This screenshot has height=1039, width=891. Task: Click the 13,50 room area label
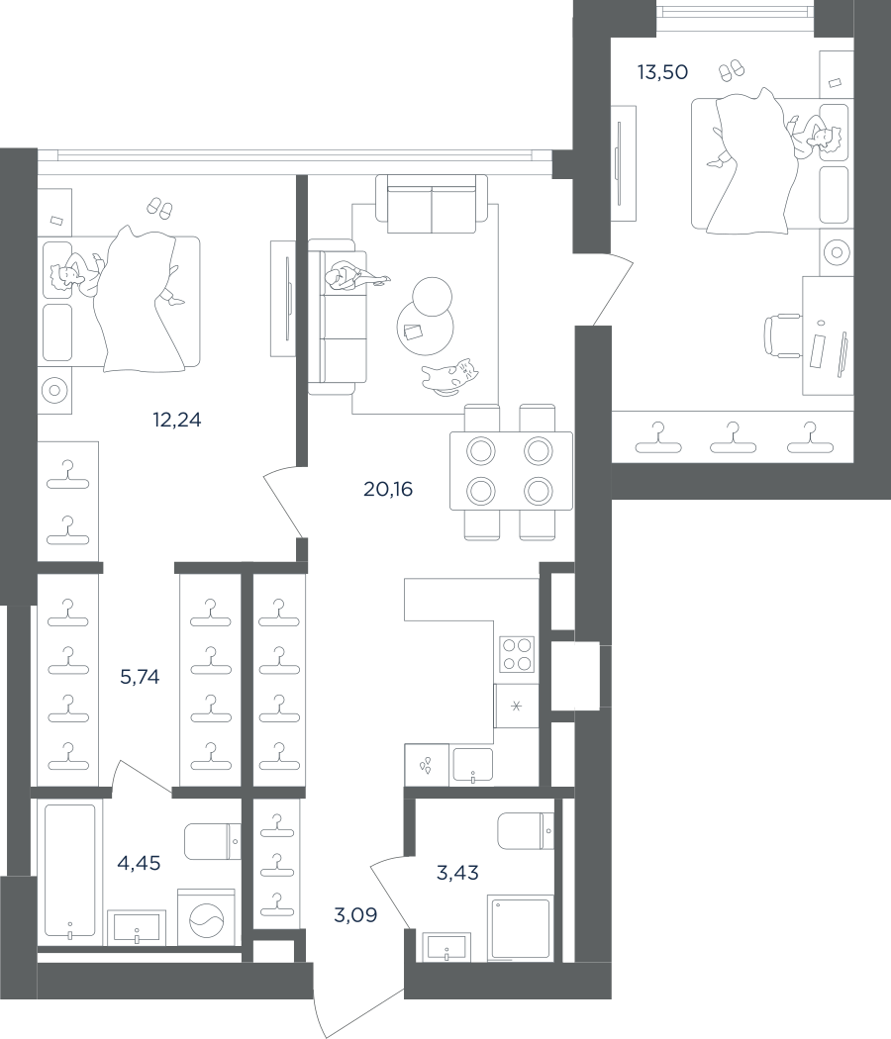[x=662, y=71]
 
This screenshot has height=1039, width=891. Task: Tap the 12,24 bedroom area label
[x=176, y=420]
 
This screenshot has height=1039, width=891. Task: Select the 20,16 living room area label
[x=388, y=489]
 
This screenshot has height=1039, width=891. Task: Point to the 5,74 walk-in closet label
[x=140, y=677]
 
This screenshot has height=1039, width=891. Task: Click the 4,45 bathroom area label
[x=139, y=863]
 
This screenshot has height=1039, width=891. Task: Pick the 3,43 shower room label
[x=457, y=873]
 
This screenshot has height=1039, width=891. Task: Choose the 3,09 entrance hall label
[x=355, y=915]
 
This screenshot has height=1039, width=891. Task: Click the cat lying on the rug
[x=449, y=376]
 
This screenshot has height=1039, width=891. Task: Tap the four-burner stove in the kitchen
[x=517, y=654]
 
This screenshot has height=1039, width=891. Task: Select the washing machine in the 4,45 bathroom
[x=206, y=917]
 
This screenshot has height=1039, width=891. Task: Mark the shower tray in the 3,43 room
[x=520, y=928]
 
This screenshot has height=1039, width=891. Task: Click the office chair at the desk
[x=783, y=336]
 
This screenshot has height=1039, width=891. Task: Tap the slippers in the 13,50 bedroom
[x=732, y=69]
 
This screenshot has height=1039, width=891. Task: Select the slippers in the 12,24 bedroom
[x=159, y=208]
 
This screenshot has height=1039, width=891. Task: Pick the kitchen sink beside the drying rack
[x=472, y=765]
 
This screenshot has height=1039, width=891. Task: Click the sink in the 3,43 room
[x=446, y=947]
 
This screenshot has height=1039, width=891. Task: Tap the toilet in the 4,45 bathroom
[x=213, y=841]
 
